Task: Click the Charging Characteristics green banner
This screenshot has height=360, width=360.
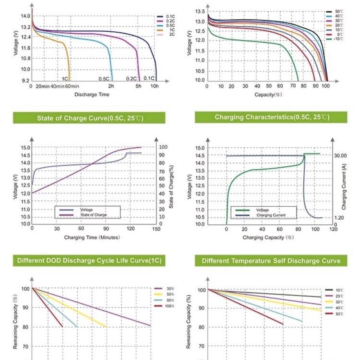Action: [x=272, y=117]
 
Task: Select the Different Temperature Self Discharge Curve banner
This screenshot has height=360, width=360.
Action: [x=271, y=261]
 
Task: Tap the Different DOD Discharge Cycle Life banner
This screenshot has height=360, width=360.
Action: [x=90, y=261]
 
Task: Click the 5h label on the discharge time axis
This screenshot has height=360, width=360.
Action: [x=138, y=86]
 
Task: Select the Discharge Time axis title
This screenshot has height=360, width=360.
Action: [x=92, y=94]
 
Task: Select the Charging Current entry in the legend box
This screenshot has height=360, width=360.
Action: [x=270, y=215]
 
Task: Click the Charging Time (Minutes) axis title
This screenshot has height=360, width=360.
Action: [x=92, y=237]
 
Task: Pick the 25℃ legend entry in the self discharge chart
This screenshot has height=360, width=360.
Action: [x=339, y=296]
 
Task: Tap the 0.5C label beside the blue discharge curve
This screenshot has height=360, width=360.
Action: [x=104, y=79]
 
